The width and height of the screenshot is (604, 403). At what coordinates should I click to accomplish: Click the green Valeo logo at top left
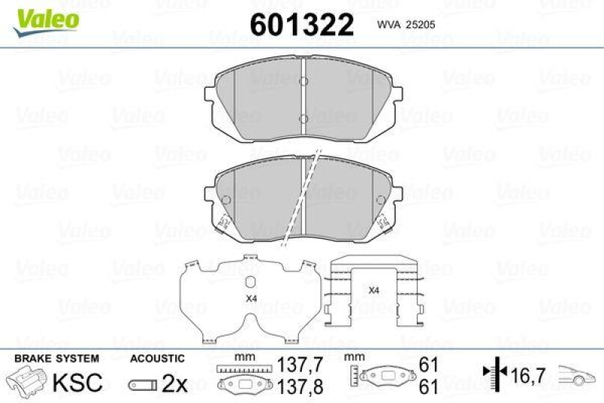[x=44, y=16]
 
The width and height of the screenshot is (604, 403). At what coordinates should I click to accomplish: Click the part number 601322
[x=301, y=25]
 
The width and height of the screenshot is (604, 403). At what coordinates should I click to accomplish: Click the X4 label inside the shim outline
[x=251, y=299]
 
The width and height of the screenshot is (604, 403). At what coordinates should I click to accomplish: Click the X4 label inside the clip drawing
[x=373, y=290]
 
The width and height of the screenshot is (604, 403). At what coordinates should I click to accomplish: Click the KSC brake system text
[x=76, y=383]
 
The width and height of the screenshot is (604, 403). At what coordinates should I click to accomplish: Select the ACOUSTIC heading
[x=157, y=358]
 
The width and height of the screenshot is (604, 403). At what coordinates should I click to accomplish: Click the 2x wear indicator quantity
[x=174, y=383]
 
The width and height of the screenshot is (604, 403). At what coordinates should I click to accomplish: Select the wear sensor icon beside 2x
[x=142, y=384]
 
